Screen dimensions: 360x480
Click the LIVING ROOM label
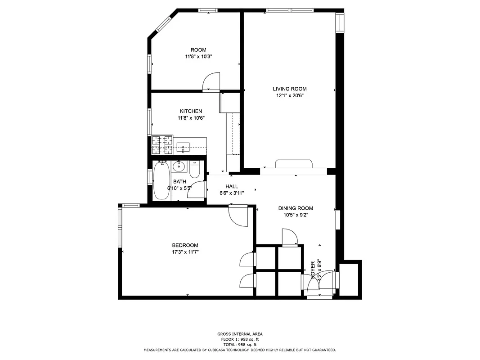pyautogui.click(x=289, y=89)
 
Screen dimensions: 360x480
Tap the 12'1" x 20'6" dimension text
pyautogui.click(x=289, y=95)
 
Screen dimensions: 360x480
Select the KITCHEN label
pyautogui.click(x=191, y=111)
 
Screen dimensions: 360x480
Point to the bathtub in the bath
pyautogui.click(x=161, y=181)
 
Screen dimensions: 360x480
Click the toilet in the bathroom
pyautogui.click(x=194, y=170)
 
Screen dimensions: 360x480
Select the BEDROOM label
pyautogui.click(x=185, y=245)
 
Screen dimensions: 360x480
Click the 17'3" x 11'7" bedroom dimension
pyautogui.click(x=185, y=252)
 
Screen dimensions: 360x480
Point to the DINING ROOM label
pyautogui.click(x=295, y=208)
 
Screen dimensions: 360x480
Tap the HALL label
pyautogui.click(x=232, y=186)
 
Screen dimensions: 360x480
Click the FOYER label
pyautogui.click(x=313, y=270)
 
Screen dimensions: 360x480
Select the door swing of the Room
pyautogui.click(x=211, y=82)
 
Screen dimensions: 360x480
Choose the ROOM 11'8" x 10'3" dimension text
pyautogui.click(x=198, y=57)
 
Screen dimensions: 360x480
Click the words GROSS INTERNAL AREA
pyautogui.click(x=239, y=334)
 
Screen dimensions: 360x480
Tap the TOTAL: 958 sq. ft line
pyautogui.click(x=239, y=344)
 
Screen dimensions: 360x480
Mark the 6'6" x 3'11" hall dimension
pyautogui.click(x=232, y=193)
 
